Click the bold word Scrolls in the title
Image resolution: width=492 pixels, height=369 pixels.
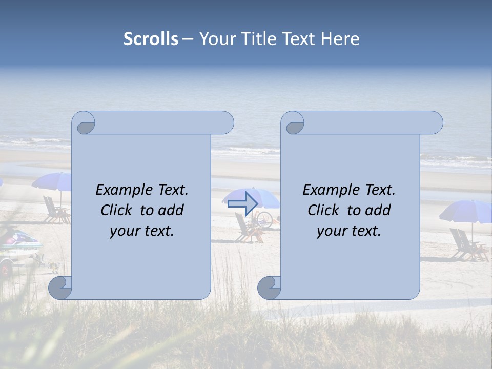151,39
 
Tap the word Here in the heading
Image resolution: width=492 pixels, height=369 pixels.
340,39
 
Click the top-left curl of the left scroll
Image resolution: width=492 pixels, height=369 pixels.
85,124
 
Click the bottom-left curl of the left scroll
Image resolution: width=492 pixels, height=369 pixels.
60,288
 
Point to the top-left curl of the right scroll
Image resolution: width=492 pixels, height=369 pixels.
294,124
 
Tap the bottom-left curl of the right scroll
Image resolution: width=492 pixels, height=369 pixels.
269,288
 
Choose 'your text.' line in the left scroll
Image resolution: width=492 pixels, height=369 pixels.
142,231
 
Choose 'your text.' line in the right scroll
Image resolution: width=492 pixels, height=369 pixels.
349,231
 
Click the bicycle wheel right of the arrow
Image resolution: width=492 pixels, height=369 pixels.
265,219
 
